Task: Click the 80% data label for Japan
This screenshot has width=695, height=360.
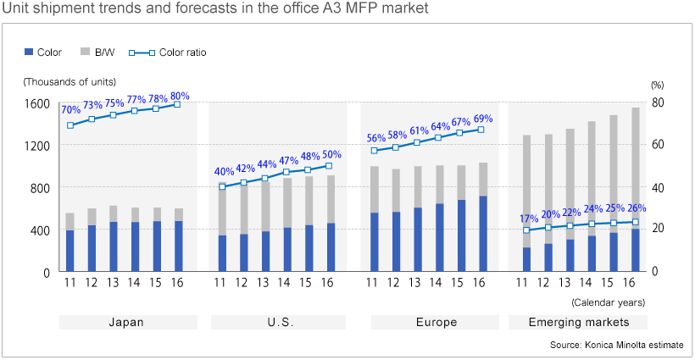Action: (180, 96)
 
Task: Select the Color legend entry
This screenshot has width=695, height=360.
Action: (43, 53)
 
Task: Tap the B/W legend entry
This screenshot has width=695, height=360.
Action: (100, 53)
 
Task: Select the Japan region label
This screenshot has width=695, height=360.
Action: (127, 323)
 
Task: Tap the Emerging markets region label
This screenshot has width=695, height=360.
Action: (578, 323)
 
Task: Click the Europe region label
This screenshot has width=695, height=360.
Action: (436, 323)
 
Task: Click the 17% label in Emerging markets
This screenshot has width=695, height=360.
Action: (527, 219)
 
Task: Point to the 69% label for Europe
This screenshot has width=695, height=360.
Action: (482, 119)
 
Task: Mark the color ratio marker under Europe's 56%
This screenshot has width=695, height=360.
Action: (374, 151)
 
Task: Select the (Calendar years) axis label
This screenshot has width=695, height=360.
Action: (608, 302)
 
